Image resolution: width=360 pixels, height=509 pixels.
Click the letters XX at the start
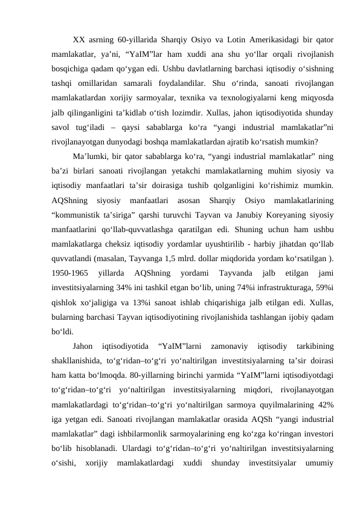[x=79, y=40]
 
